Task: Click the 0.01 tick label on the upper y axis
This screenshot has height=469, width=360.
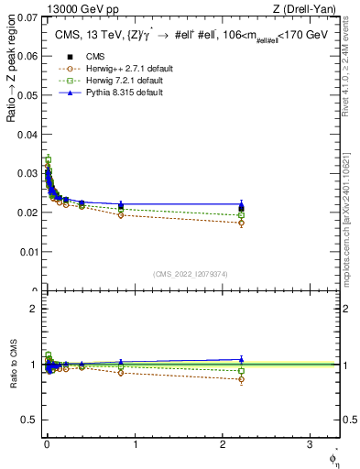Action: pos(28,252)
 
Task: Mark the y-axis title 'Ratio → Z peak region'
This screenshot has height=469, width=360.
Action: pos(11,73)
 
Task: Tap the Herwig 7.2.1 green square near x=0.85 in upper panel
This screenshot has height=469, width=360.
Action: pos(121,210)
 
